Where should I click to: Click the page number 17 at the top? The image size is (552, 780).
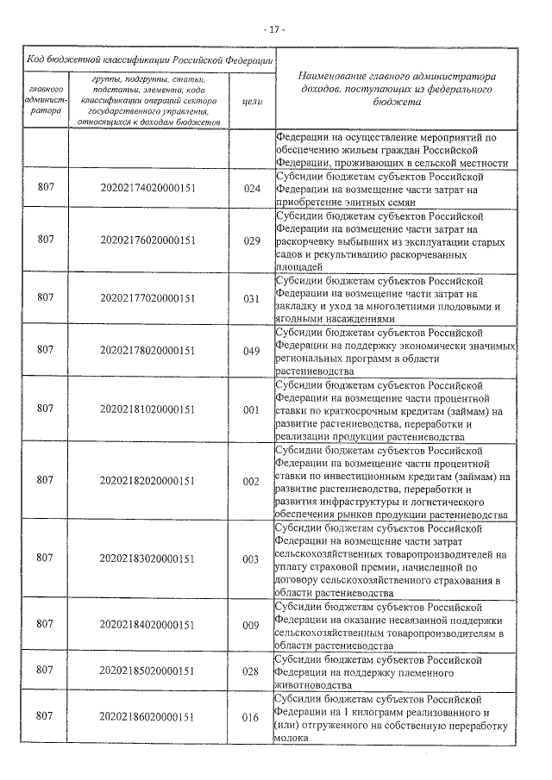click(275, 28)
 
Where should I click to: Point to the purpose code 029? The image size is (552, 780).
click(251, 240)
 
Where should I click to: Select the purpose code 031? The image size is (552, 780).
click(251, 298)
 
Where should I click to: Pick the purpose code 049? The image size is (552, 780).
click(251, 350)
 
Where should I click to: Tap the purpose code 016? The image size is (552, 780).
click(251, 716)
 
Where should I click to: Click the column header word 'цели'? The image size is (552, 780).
click(252, 101)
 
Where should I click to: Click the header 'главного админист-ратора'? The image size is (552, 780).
click(45, 100)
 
